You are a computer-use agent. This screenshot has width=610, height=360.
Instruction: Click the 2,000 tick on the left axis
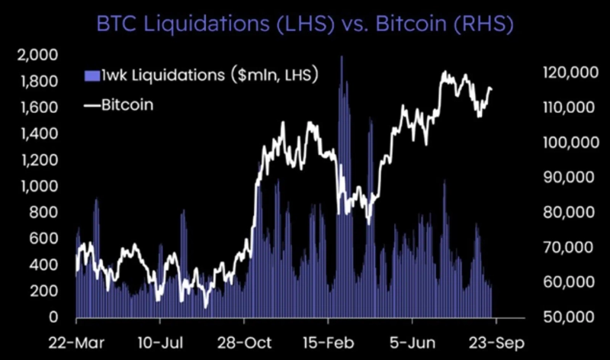point(37,55)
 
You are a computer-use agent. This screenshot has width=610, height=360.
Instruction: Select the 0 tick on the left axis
point(53,317)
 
